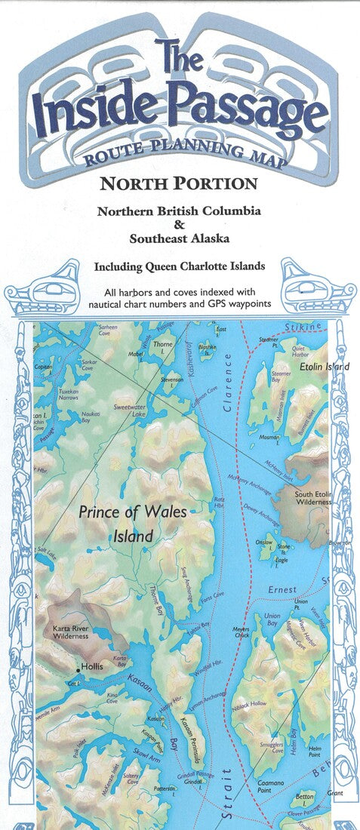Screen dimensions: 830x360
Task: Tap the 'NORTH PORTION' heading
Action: click(x=179, y=183)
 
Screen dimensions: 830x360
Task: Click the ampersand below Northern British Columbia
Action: click(x=180, y=226)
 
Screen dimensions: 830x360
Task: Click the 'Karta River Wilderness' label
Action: click(x=70, y=632)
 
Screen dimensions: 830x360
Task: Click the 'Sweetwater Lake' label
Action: click(x=130, y=410)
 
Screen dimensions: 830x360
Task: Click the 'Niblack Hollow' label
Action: click(x=251, y=704)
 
